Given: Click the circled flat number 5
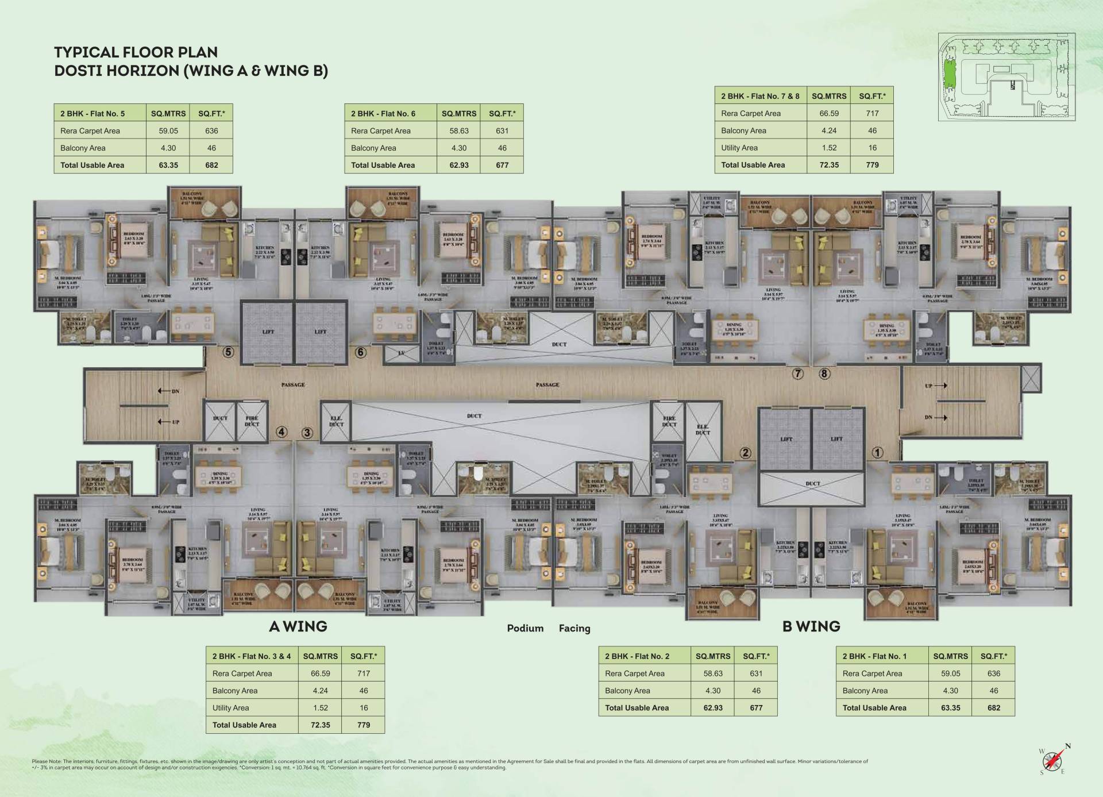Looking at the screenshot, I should pos(229,352).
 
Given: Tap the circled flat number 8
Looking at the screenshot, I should pos(824,374).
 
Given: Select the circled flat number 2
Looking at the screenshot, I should pos(745,453).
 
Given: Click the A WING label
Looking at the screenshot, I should pos(298,626).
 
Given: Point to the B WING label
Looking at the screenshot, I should pos(811,626).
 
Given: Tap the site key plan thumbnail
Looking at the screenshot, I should pos(1006,77).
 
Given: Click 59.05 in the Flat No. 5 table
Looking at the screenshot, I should pos(168,131).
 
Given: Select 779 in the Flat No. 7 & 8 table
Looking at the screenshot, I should pos(872,165).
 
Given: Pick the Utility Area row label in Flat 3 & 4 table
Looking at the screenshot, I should pos(230,708).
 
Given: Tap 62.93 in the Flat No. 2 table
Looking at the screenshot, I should pos(713,708).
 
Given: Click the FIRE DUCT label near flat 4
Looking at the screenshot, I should pos(252,421).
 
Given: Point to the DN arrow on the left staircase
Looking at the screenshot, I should pos(169,391).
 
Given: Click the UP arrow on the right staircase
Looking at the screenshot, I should pos(935,386).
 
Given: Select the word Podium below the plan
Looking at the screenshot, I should pos(525,629).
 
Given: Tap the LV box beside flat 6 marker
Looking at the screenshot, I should pos(402,353).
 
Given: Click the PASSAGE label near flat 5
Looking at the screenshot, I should pos(293,384).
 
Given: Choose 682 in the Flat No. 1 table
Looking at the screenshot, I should pos(993,708).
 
